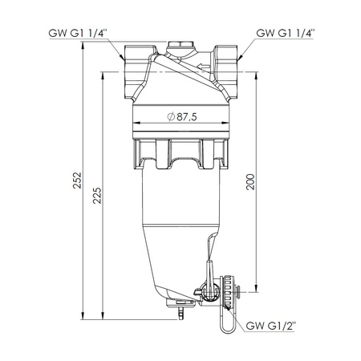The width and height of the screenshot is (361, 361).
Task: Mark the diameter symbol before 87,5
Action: [x=171, y=116]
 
